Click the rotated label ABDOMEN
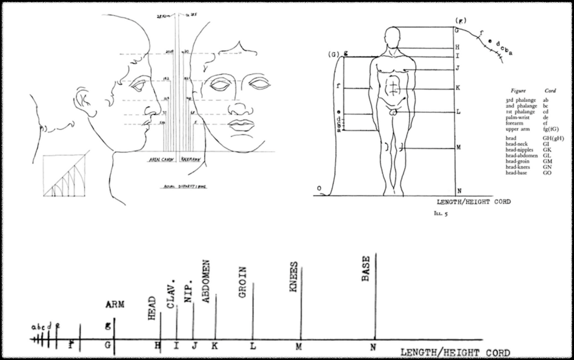206,281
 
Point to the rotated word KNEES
294,277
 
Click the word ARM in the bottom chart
115,305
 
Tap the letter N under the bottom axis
373,347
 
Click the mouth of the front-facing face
242,125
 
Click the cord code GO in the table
547,173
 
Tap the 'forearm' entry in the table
514,123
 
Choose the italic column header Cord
550,91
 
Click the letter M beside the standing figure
458,147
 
